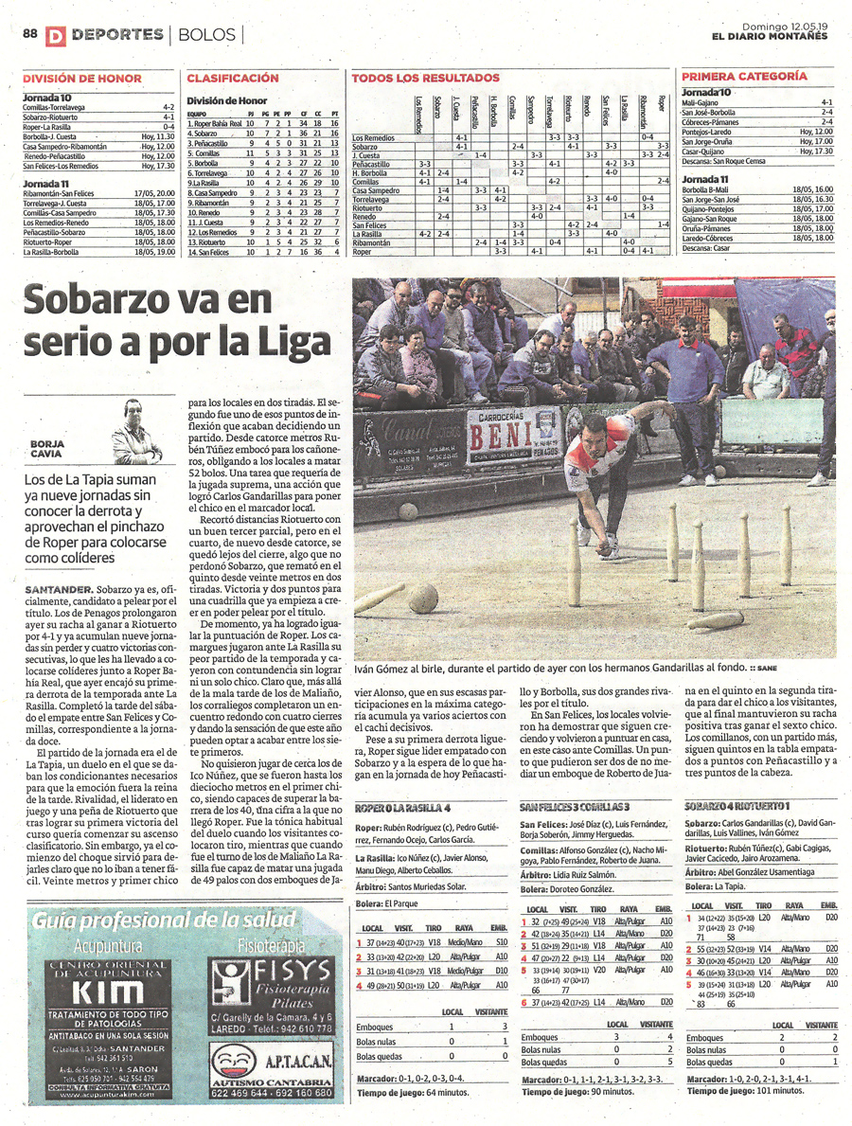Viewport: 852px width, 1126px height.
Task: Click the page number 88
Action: coord(29,34)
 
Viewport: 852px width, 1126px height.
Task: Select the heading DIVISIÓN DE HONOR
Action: coord(81,78)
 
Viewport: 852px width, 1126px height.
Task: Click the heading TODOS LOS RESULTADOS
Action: coord(425,78)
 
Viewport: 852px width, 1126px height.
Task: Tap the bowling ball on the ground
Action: coord(421,598)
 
